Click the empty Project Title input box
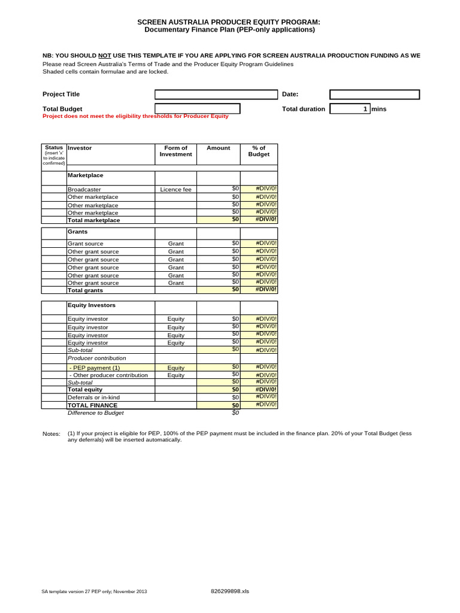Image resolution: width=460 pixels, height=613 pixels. tap(217, 95)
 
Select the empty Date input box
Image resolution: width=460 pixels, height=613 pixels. tap(375, 95)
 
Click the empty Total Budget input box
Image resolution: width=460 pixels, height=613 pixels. tap(198, 108)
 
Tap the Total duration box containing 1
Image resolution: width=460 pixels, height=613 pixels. tap(350, 109)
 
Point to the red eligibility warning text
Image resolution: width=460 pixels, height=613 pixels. tap(135, 116)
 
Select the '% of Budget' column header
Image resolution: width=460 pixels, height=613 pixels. tap(259, 151)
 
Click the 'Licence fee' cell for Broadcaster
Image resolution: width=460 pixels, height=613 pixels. tap(175, 190)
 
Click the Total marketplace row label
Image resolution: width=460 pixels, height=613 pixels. tap(94, 220)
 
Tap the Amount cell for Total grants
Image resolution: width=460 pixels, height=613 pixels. tap(219, 290)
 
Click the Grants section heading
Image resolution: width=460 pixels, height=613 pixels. tap(78, 231)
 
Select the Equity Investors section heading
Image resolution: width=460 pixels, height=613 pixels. tap(92, 305)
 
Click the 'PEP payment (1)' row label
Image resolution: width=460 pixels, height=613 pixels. tap(95, 368)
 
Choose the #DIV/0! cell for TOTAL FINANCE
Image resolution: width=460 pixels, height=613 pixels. tap(259, 405)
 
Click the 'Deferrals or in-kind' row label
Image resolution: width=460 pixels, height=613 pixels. tap(94, 397)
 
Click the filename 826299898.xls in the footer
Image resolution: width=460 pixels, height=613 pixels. tap(230, 591)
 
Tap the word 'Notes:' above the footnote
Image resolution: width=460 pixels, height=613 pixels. tap(52, 433)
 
